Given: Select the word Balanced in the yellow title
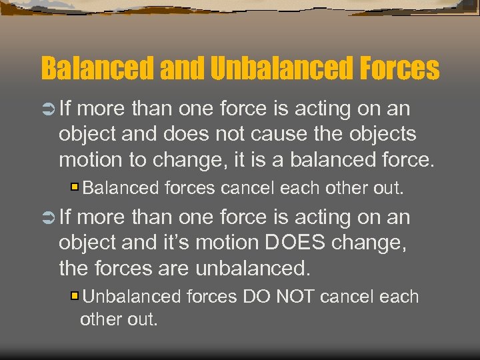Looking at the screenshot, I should [97, 68].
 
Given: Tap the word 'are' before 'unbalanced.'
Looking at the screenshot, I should [177, 269].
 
